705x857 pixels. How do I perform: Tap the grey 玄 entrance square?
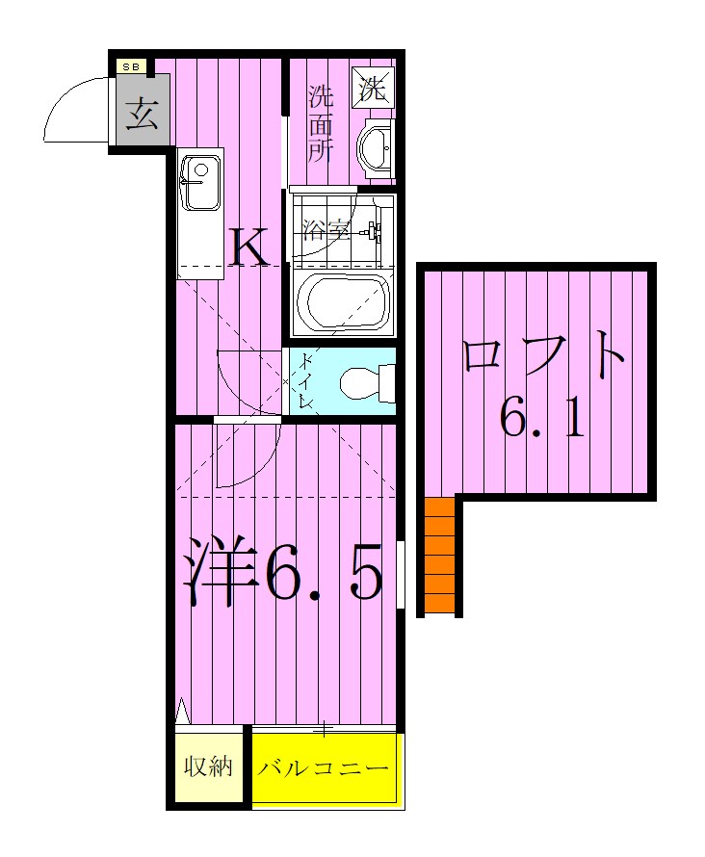tap(142, 115)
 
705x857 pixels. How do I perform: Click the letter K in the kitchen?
tap(250, 248)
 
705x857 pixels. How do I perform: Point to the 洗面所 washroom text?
tap(320, 124)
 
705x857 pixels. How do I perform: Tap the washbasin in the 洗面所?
tap(375, 149)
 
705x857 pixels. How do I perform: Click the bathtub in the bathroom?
tap(343, 302)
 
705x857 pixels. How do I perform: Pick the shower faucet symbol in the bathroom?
tap(371, 231)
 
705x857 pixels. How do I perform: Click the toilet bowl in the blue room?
tap(366, 382)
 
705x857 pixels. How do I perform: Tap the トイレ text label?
tap(306, 380)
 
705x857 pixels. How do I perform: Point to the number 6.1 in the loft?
tap(542, 420)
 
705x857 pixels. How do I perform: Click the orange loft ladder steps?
tap(439, 556)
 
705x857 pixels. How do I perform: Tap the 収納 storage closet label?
tap(208, 767)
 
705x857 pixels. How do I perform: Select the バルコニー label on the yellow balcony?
tap(325, 769)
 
